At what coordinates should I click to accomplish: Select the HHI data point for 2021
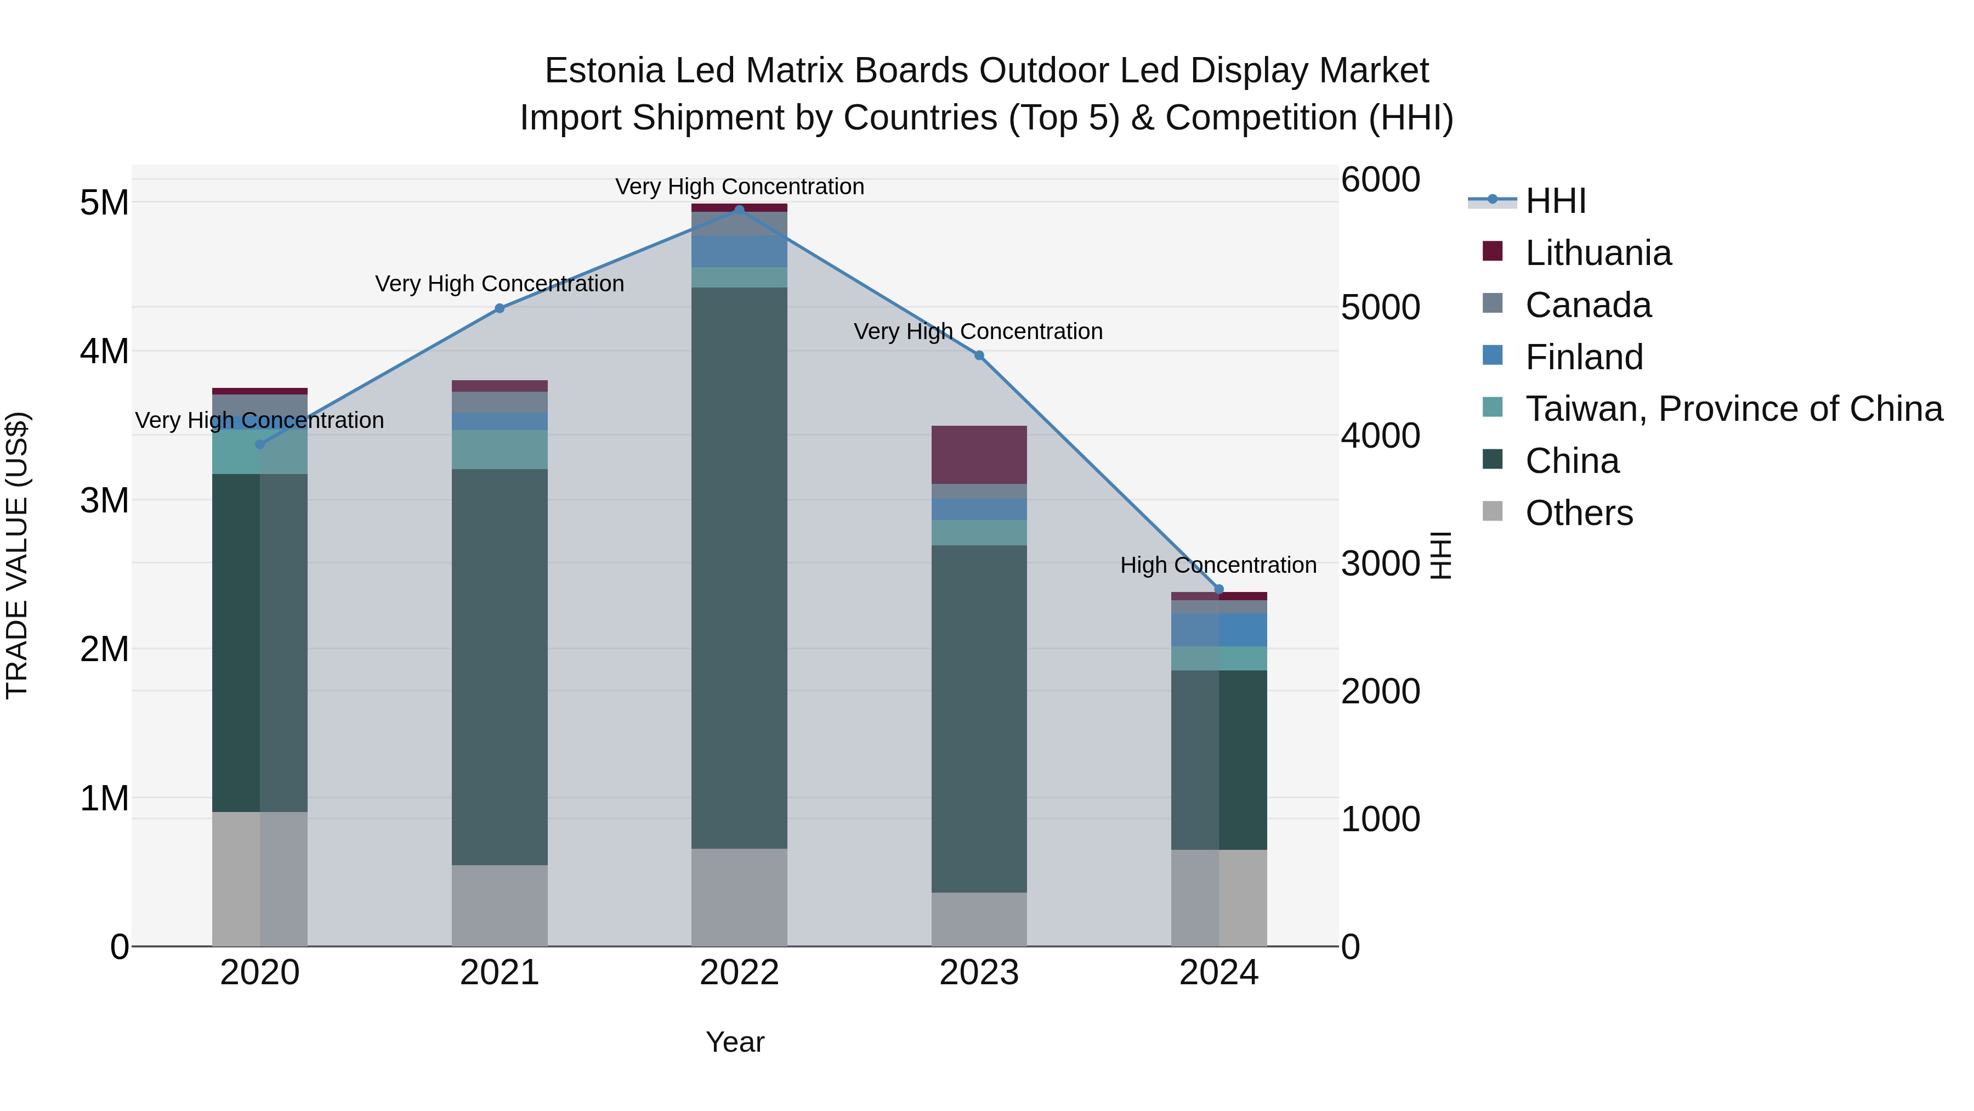(x=500, y=308)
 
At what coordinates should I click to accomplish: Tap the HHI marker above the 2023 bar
(x=979, y=356)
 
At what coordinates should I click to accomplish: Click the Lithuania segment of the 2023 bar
(x=979, y=455)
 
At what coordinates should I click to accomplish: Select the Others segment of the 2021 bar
(x=500, y=905)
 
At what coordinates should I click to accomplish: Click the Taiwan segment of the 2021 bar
(x=500, y=449)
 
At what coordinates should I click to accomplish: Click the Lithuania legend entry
(x=1598, y=253)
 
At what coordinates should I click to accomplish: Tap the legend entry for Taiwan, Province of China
(x=1733, y=409)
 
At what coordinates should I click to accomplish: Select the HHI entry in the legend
(x=1555, y=201)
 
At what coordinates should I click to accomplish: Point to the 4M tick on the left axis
(x=104, y=352)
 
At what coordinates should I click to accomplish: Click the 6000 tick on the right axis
(x=1380, y=180)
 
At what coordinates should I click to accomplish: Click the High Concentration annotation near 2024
(x=1218, y=565)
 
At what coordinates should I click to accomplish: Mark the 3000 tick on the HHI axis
(x=1380, y=563)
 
